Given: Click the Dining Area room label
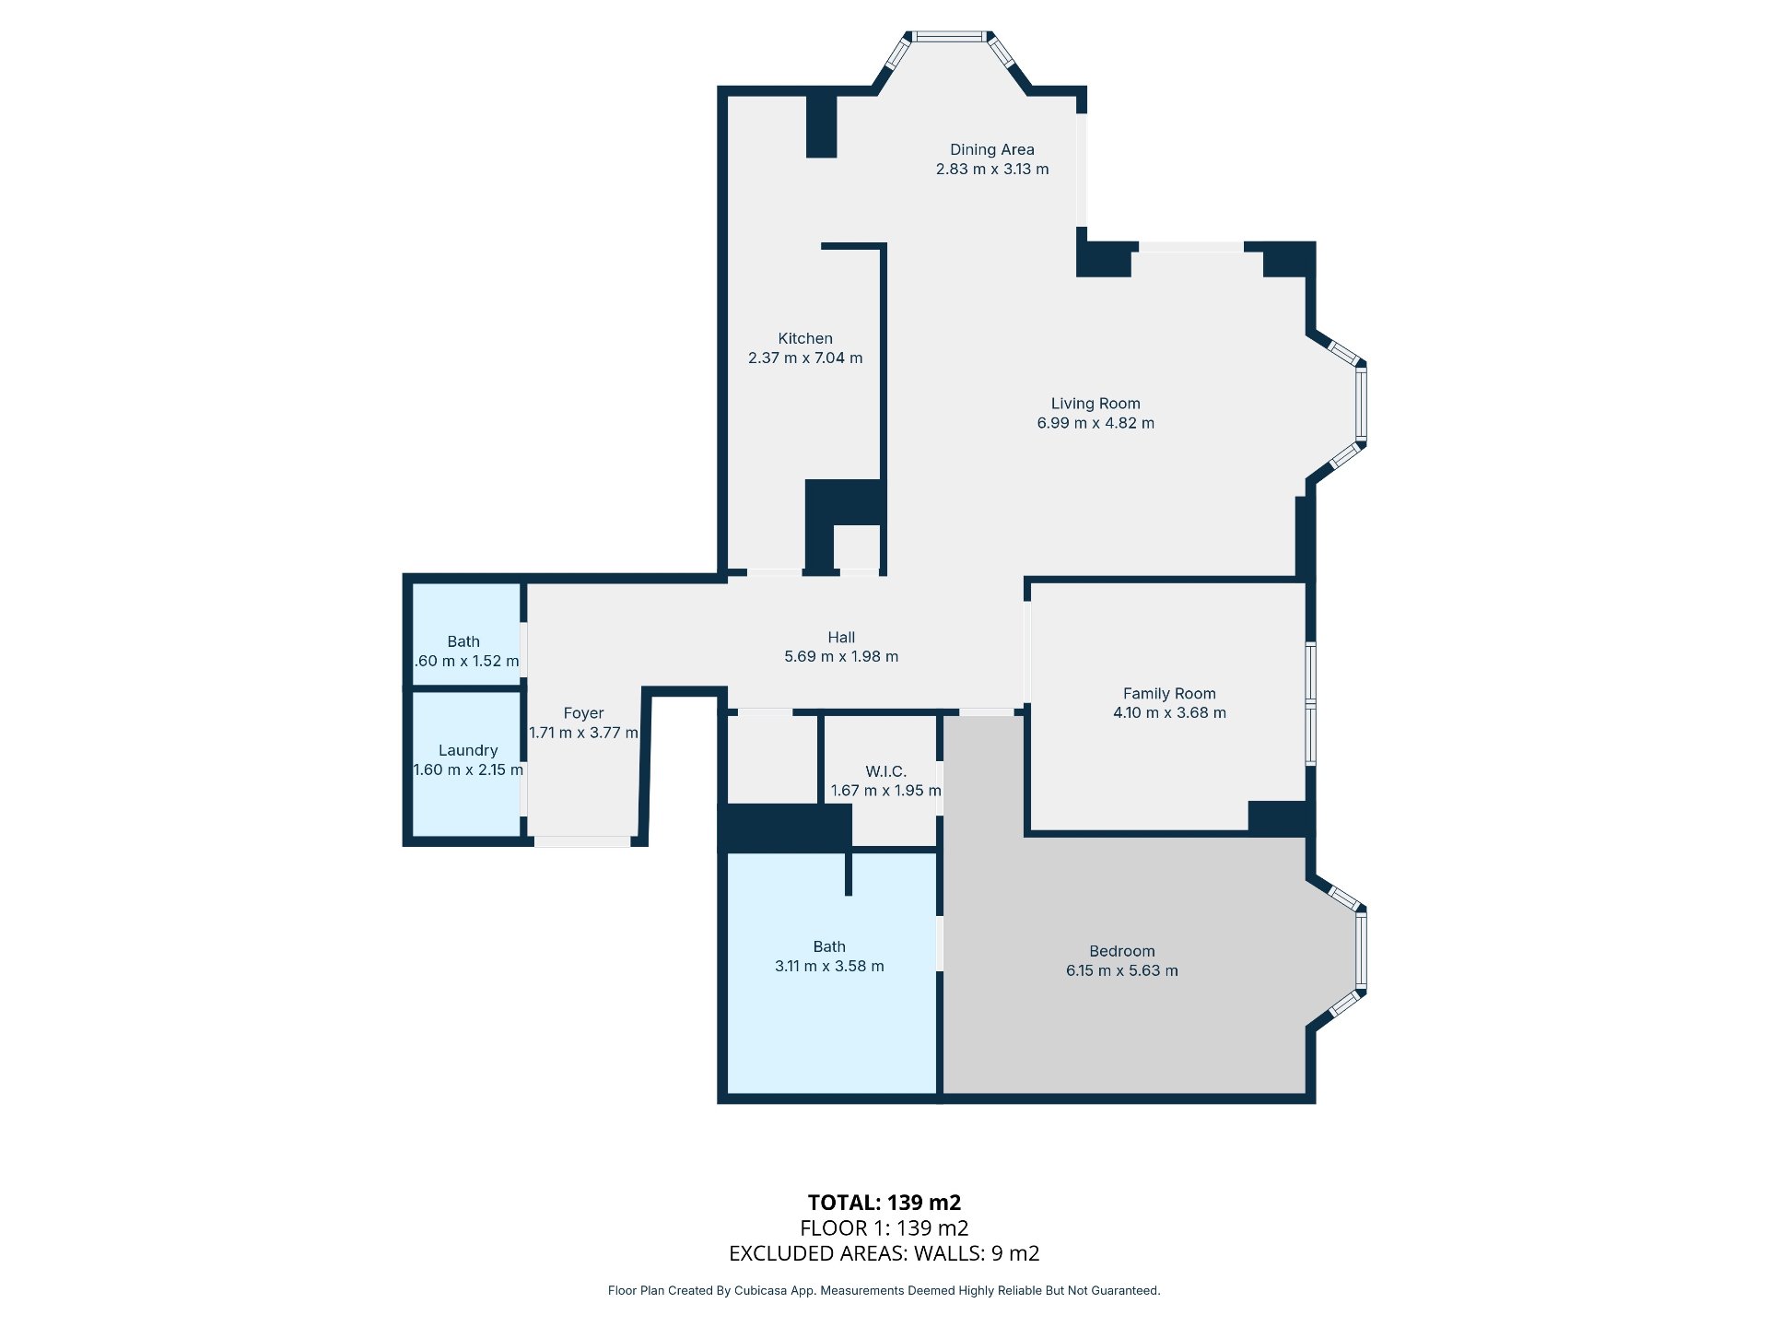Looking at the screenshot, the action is click(x=991, y=149).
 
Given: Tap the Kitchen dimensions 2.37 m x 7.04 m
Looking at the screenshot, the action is click(x=805, y=358).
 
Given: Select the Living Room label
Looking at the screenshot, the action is click(x=1095, y=404).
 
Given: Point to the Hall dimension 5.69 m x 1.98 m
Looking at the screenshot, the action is click(x=841, y=656).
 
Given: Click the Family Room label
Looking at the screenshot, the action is click(x=1169, y=693).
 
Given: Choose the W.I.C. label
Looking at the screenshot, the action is click(x=885, y=771).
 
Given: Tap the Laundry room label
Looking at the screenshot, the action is click(x=468, y=750).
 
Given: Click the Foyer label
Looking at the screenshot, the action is click(x=583, y=713).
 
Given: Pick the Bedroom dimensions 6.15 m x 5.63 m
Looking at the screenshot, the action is click(x=1121, y=970).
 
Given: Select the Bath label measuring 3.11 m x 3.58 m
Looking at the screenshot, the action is click(x=829, y=946).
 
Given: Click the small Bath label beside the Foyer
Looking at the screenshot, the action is click(x=463, y=641).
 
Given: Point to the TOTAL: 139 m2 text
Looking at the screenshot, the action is click(x=884, y=1203).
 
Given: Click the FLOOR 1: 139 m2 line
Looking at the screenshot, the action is click(x=884, y=1227).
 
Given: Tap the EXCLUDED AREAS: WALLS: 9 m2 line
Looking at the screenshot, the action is click(x=884, y=1253).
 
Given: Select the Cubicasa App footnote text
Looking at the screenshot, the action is click(x=884, y=1290).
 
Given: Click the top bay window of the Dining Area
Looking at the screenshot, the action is click(x=949, y=37).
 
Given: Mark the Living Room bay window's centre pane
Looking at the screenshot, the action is click(x=1361, y=404).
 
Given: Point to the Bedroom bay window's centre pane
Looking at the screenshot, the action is click(x=1361, y=951).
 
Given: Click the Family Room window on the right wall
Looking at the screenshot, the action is click(x=1310, y=704).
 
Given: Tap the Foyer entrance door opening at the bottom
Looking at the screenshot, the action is click(x=582, y=841).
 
